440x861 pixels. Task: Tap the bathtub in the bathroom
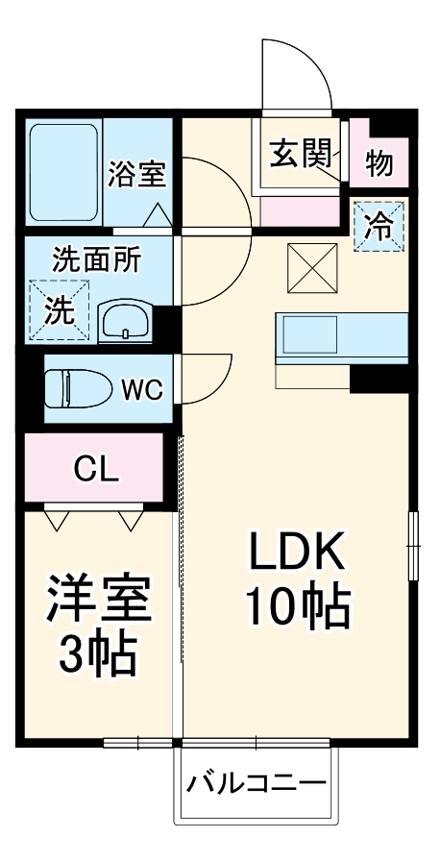point(62,173)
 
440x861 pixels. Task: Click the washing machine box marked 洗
point(59,309)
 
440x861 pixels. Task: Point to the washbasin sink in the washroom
point(125,319)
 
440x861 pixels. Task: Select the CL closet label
point(97,470)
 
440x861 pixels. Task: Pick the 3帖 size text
point(99,657)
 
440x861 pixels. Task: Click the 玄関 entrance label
point(300,154)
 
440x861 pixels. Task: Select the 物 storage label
point(379,164)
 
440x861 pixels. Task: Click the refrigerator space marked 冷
point(379,227)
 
